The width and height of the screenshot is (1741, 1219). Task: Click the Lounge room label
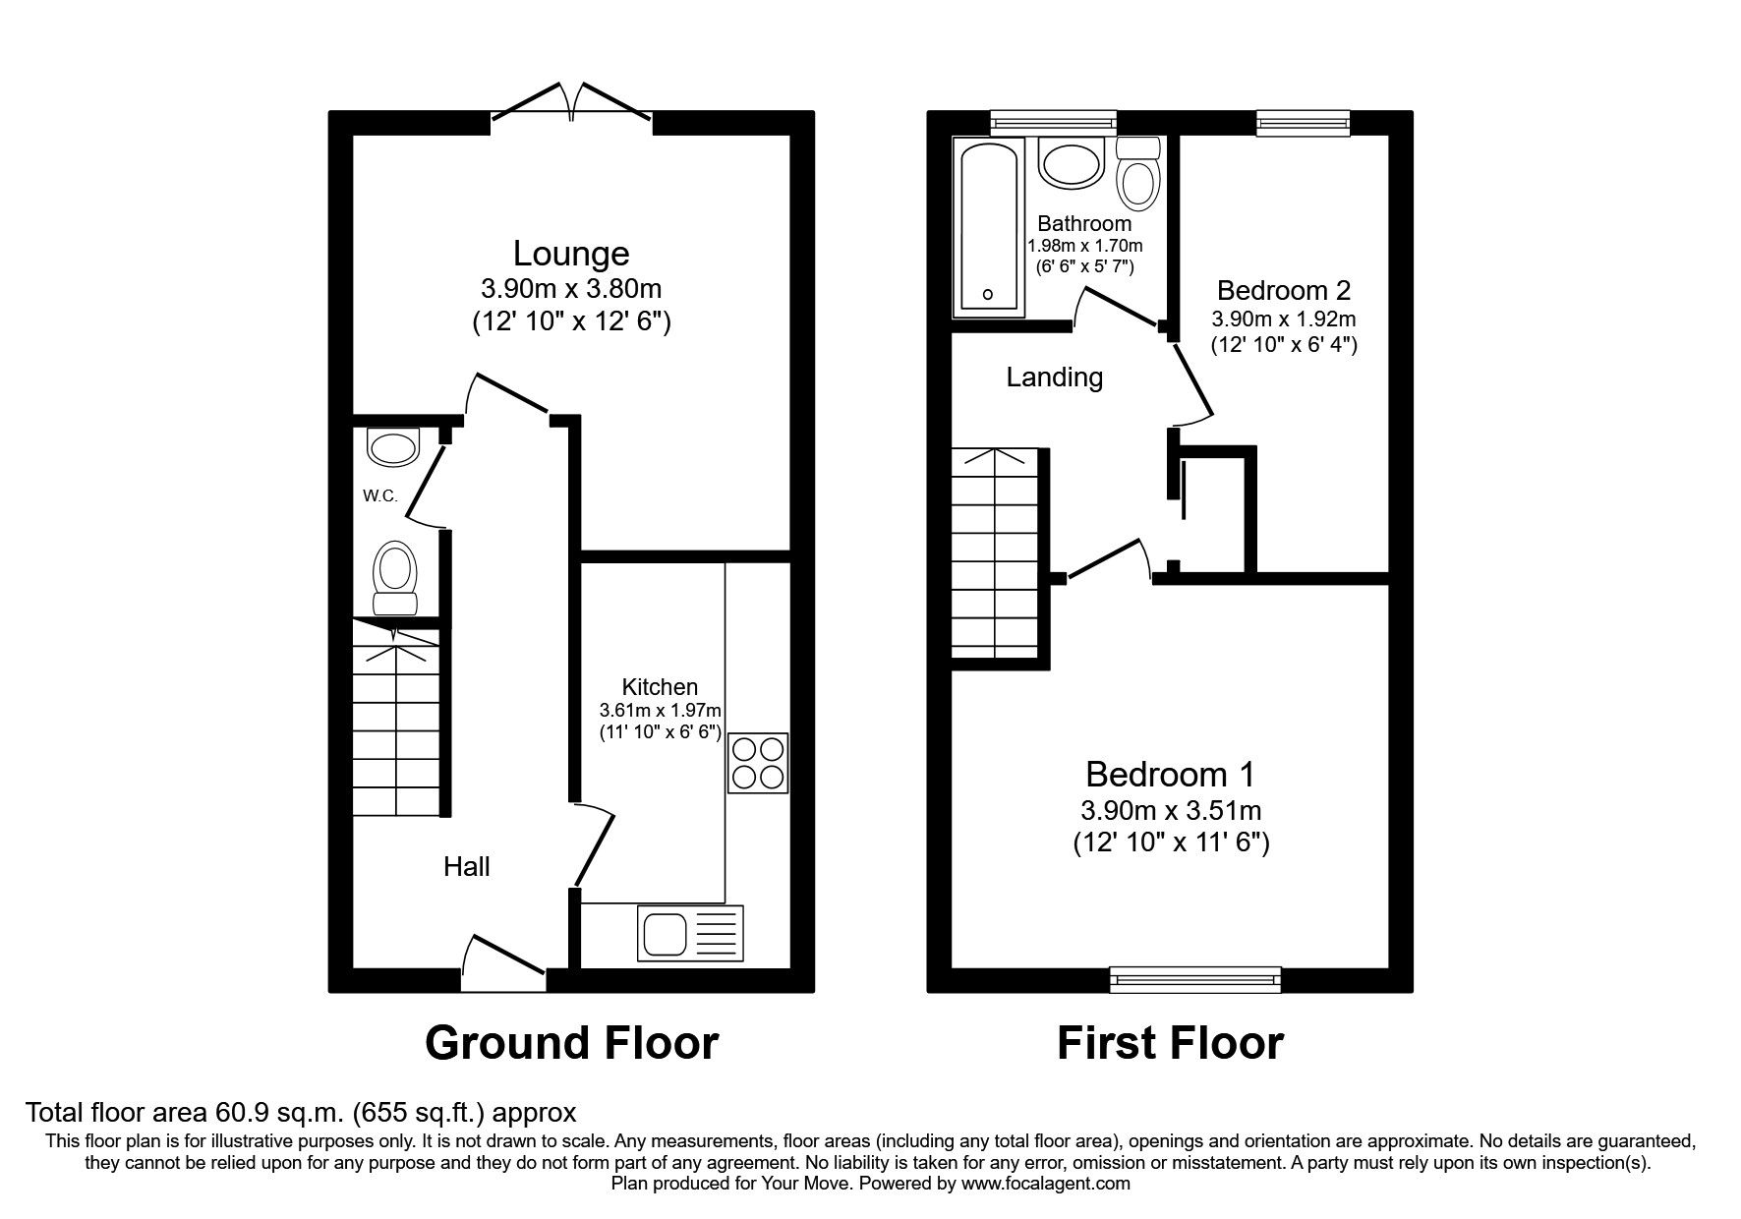click(571, 254)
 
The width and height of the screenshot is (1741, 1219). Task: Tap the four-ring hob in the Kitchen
click(758, 763)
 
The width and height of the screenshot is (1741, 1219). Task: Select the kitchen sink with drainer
click(691, 931)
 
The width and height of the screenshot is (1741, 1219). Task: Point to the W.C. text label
click(379, 496)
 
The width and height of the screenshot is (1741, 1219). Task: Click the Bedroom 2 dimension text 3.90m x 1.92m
click(1283, 319)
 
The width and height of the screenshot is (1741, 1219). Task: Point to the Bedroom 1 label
click(1170, 774)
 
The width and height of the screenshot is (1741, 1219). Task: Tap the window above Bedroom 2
click(1303, 122)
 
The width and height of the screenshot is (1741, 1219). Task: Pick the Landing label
click(1054, 377)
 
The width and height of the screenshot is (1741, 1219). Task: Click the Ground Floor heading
click(571, 1043)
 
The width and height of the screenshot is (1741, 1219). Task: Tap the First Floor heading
click(1170, 1043)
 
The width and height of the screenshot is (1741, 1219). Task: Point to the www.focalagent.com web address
click(1046, 1184)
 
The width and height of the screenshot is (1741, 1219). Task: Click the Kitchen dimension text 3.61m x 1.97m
click(660, 710)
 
